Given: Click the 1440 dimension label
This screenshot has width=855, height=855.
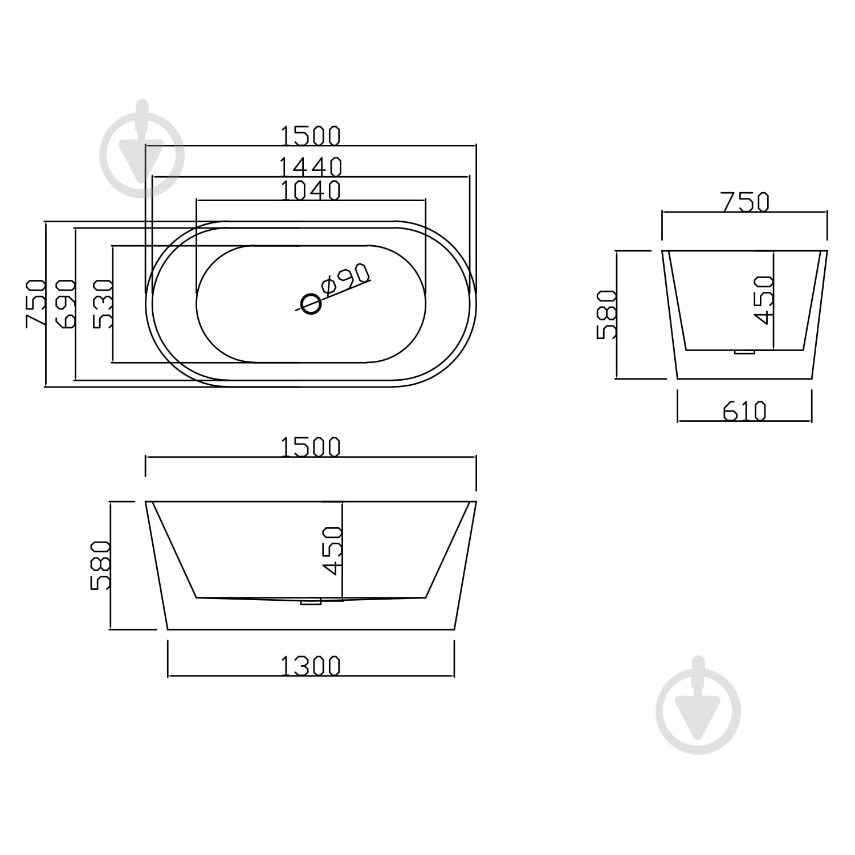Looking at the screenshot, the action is coord(311,167).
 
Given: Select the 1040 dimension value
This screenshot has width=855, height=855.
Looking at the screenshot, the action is coord(311,190).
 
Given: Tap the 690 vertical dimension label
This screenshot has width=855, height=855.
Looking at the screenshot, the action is coord(66,304).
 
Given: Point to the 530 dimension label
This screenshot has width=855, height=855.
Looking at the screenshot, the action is coord(103,304).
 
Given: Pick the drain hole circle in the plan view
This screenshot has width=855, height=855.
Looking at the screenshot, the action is coord(311,304).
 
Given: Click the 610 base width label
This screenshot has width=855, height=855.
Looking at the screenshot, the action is coord(744,411).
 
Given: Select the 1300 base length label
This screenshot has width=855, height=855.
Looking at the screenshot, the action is coord(311,666).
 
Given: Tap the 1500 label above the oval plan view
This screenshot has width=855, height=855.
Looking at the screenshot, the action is coord(311,136).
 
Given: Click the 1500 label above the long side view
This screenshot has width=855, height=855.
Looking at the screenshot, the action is coord(311,447).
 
